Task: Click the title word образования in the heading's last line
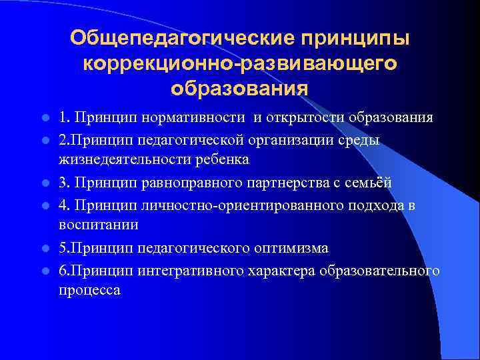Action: click(x=239, y=87)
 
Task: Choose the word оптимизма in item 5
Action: click(x=292, y=248)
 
